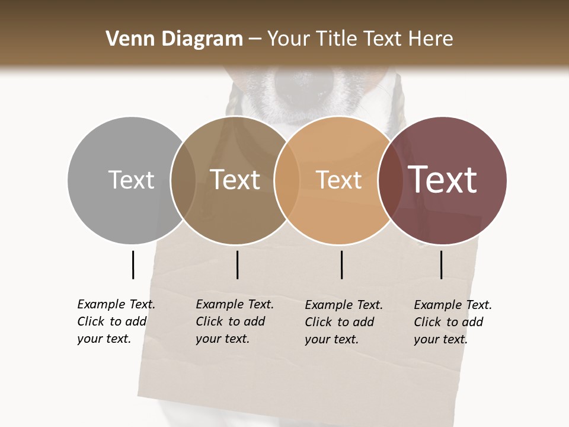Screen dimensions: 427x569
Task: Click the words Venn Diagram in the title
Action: (174, 39)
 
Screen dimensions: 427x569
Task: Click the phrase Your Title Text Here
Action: (360, 39)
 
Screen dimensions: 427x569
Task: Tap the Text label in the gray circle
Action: (131, 180)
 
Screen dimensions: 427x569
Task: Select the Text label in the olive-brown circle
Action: (235, 180)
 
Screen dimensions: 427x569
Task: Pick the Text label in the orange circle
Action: (338, 180)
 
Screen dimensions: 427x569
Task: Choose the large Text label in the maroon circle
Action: (443, 180)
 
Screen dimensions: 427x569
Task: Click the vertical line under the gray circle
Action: (133, 265)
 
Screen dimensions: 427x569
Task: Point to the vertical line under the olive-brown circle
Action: (237, 265)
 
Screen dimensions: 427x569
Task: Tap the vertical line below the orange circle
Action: (341, 265)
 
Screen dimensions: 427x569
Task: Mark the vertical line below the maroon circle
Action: (441, 265)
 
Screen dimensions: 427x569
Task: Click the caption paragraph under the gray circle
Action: (116, 321)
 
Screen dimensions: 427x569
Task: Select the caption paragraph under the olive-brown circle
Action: (234, 321)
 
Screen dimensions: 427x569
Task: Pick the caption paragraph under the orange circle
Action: (343, 322)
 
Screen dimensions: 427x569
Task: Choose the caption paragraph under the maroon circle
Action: (452, 322)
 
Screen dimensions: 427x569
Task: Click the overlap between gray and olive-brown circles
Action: (183, 180)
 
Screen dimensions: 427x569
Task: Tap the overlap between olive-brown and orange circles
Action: (287, 180)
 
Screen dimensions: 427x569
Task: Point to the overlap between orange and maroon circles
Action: (391, 180)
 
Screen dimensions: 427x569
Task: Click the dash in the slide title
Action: (255, 40)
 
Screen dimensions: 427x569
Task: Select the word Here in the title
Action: (431, 39)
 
